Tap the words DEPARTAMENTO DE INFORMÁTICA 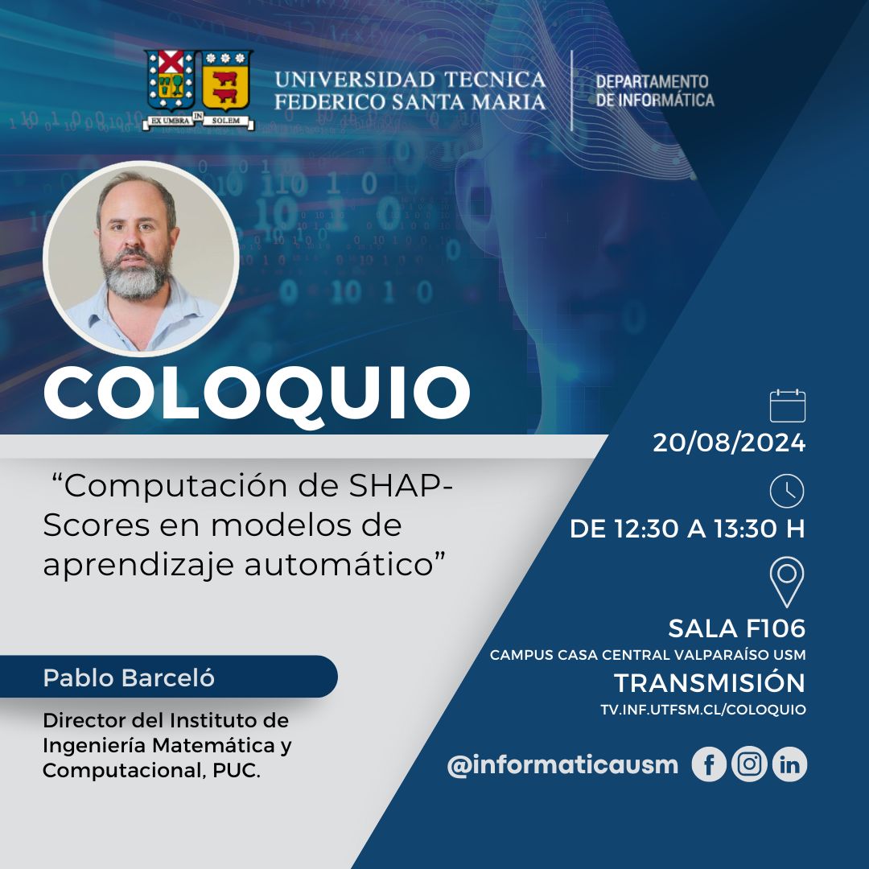click(654, 91)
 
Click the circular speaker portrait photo click(141, 257)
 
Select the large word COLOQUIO click(257, 393)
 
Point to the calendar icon click(787, 406)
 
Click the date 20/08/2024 click(729, 443)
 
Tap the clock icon click(786, 491)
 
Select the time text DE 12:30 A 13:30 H click(687, 529)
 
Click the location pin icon click(786, 582)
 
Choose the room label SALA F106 click(736, 628)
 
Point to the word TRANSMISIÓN click(710, 683)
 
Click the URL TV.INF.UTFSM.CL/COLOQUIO click(702, 710)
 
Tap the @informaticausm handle click(562, 765)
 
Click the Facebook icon click(709, 764)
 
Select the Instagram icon click(749, 764)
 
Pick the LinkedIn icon click(790, 764)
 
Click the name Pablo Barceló click(129, 677)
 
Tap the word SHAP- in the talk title click(402, 486)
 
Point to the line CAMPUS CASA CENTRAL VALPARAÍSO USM click(647, 655)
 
